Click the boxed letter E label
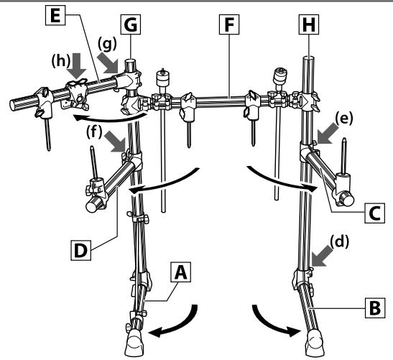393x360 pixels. coord(55,15)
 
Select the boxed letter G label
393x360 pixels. coord(131,24)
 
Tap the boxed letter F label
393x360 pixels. coord(229,24)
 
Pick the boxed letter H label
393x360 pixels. coord(309,24)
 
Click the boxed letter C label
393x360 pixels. coord(375,213)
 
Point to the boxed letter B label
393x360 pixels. coord(375,308)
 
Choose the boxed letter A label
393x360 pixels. coord(181,272)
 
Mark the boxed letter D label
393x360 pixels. coord(81,250)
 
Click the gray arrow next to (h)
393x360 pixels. coord(77,65)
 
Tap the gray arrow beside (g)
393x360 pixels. coord(108,63)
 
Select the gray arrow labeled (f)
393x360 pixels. coord(115,142)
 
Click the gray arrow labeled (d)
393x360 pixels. coord(323,256)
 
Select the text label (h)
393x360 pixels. coord(60,61)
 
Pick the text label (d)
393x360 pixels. coord(339,241)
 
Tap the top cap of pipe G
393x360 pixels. coord(131,61)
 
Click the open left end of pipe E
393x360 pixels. coord(13,105)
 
